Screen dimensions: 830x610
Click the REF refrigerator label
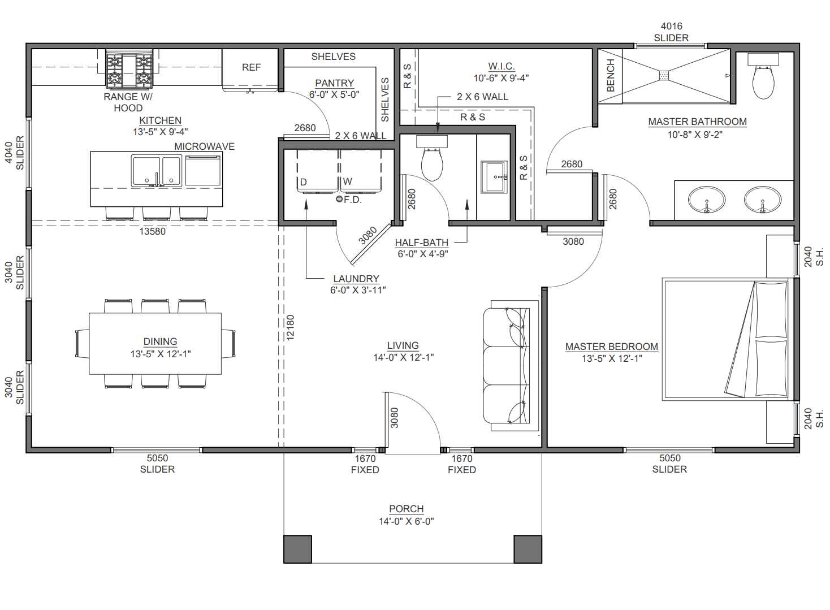tap(251, 67)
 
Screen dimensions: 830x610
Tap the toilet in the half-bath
tap(432, 158)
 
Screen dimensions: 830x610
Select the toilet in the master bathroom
tap(763, 76)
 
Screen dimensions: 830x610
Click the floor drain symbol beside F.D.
tap(339, 199)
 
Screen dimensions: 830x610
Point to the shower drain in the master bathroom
tap(664, 75)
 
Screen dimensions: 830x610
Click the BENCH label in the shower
tap(610, 76)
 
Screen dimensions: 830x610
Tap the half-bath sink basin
tap(494, 177)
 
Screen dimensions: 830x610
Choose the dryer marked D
tap(318, 171)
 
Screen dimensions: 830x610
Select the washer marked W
tap(361, 171)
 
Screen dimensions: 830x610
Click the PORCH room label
tap(406, 509)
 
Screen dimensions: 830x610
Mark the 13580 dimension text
tap(152, 232)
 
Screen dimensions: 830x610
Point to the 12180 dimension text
tap(290, 327)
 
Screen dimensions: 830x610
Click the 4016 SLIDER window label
tap(671, 32)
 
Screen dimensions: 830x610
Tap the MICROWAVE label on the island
tap(204, 147)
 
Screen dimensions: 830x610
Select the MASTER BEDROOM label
tap(611, 347)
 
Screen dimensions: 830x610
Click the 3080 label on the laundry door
tap(368, 236)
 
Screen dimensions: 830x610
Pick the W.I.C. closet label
tap(501, 67)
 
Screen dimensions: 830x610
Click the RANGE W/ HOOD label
tap(128, 102)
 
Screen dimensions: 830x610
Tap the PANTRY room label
tap(334, 83)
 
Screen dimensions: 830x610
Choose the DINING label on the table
tap(160, 341)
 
